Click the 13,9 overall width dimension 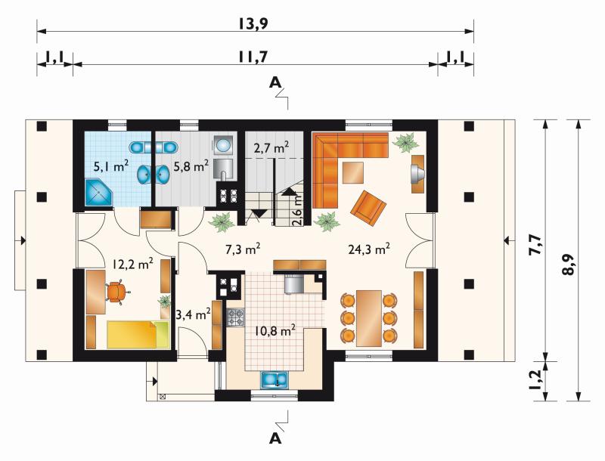[253, 24]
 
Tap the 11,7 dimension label [253, 57]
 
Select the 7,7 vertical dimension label [536, 245]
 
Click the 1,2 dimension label [535, 380]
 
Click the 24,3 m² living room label [369, 249]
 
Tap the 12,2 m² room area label [133, 263]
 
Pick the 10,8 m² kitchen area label [275, 330]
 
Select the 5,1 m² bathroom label [110, 166]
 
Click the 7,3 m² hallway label [242, 249]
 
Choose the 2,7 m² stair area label [271, 147]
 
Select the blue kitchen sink [275, 379]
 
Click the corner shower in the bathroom [98, 192]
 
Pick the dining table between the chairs [369, 318]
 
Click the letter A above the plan [275, 82]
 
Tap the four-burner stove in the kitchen [235, 317]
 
